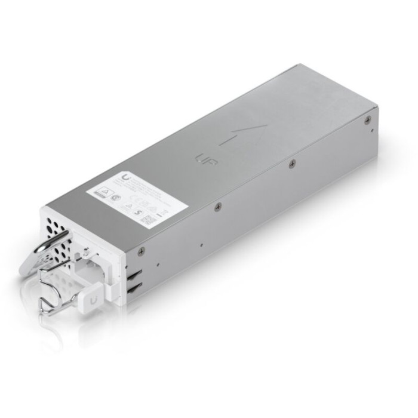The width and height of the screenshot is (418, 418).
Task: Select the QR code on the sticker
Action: click(147, 219)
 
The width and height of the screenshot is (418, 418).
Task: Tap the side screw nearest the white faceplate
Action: click(141, 251)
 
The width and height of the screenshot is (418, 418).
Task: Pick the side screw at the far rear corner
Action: click(368, 119)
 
